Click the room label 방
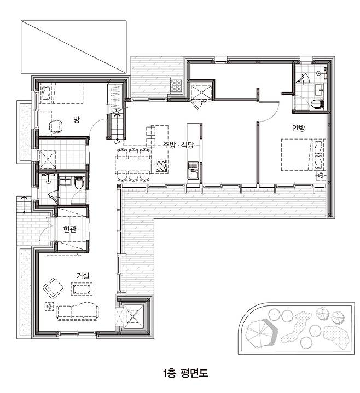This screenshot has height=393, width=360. (77, 119)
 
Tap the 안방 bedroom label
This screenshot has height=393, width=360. (299, 128)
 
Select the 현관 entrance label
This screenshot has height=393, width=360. (69, 229)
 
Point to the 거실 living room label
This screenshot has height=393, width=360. (83, 275)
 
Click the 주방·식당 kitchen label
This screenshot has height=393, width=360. (178, 145)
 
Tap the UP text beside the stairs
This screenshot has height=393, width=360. (117, 142)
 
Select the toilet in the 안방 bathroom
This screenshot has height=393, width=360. (317, 104)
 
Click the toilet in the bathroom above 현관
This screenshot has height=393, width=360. (79, 183)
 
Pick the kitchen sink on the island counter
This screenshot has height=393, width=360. (193, 170)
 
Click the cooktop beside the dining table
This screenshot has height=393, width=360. (162, 166)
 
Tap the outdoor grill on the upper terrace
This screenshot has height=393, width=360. (177, 85)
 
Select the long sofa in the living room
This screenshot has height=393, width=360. (77, 311)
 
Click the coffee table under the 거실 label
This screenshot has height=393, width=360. (82, 289)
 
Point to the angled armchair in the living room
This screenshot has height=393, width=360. (54, 288)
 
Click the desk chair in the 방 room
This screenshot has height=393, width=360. (56, 126)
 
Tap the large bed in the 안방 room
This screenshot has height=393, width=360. (303, 155)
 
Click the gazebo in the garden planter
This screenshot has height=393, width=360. (261, 333)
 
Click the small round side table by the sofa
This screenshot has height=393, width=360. (49, 307)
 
